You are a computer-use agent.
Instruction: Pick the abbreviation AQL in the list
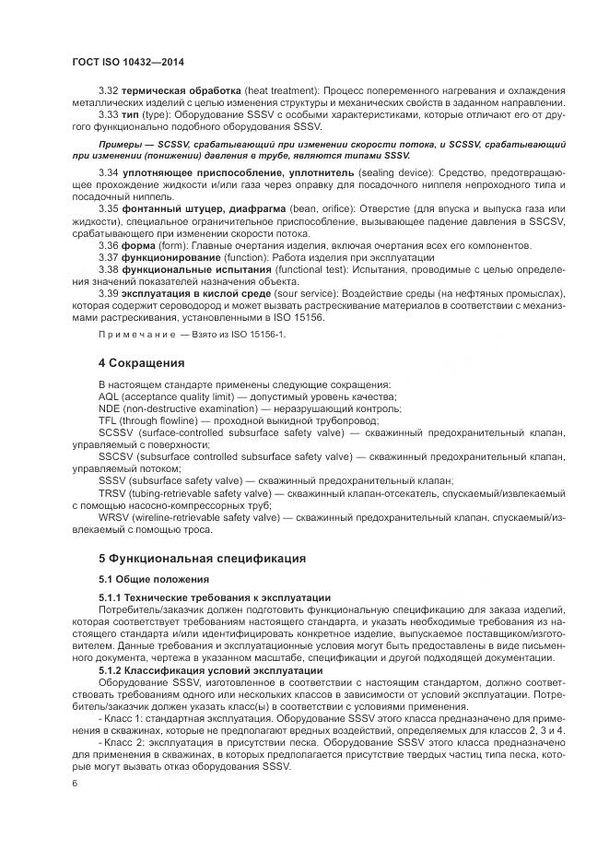110,396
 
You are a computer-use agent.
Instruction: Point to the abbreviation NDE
110,407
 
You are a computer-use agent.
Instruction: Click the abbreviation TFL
109,419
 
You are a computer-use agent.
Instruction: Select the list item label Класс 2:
127,742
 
